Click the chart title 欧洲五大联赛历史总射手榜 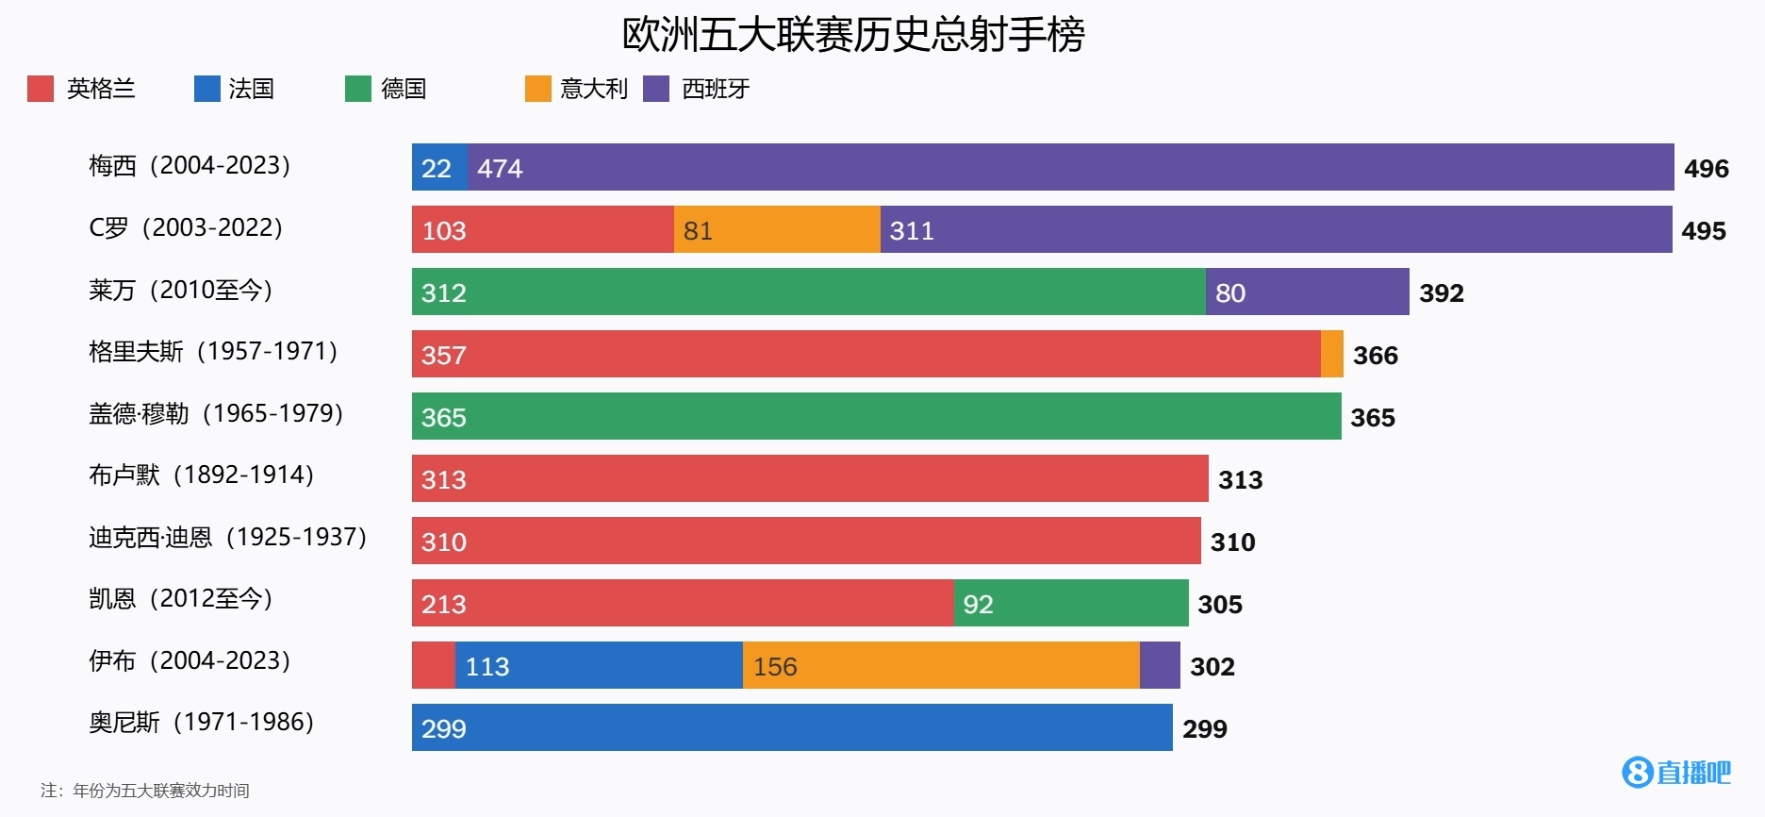(x=853, y=35)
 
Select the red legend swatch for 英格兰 (x=41, y=89)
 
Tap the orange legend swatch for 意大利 (x=537, y=89)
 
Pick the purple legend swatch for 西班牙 (x=656, y=89)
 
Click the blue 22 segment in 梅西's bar (x=439, y=167)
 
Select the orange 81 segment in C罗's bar (x=777, y=229)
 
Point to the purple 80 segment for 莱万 (x=1307, y=292)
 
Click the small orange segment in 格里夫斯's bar (x=1331, y=354)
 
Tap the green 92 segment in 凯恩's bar (x=1070, y=603)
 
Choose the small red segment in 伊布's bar (x=433, y=665)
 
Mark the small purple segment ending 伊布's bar (x=1160, y=665)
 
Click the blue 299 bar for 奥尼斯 (x=792, y=727)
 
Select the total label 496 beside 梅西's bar (x=1707, y=169)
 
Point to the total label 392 (x=1442, y=293)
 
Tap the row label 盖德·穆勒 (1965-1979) (x=216, y=414)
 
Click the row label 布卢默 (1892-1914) (x=201, y=475)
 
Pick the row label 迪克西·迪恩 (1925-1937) (x=227, y=537)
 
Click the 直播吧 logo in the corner (x=1676, y=773)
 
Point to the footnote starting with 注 (x=145, y=791)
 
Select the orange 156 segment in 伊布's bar (x=941, y=665)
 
